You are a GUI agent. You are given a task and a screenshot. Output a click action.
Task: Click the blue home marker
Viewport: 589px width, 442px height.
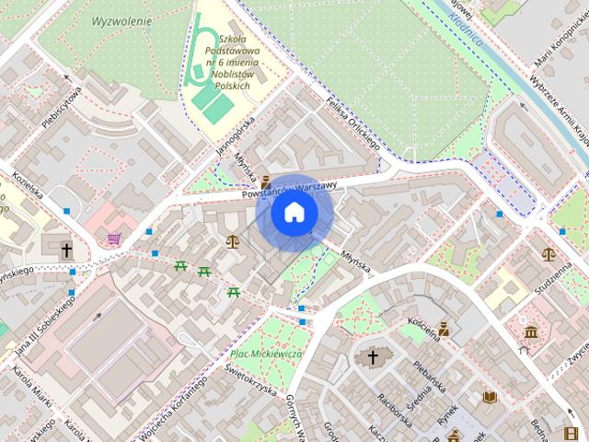pos(294,213)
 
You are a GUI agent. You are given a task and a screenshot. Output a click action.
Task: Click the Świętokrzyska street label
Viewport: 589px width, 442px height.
pos(250,377)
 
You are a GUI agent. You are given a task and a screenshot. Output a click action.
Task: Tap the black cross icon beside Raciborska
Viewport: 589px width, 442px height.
pos(374,356)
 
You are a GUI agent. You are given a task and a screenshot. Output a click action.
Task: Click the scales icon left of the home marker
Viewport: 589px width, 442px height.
pos(231,241)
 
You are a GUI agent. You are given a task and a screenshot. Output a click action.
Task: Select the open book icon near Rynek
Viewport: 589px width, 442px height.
pos(490,397)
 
